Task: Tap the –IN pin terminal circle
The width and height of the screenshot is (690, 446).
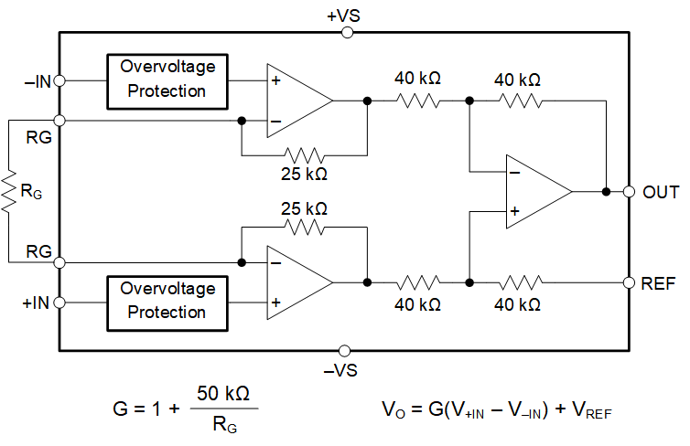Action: point(60,80)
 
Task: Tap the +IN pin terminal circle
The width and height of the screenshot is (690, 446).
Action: point(60,301)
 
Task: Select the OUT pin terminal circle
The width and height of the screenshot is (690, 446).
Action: point(630,192)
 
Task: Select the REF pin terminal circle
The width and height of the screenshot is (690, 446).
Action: point(630,282)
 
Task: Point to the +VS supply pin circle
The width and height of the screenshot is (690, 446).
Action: point(346,32)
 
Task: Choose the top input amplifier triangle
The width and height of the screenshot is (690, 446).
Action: point(295,101)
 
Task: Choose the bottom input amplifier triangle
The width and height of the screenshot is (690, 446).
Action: point(295,281)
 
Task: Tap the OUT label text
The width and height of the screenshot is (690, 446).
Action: point(660,193)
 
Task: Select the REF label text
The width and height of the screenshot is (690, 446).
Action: point(659,283)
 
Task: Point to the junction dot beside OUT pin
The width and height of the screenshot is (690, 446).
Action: point(606,192)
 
